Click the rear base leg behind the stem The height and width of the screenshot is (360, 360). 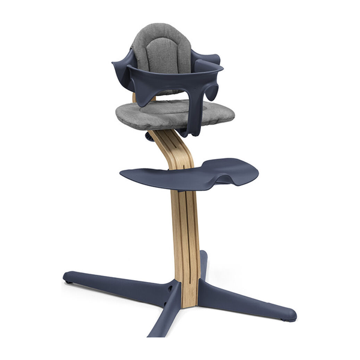click(x=203, y=264)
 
